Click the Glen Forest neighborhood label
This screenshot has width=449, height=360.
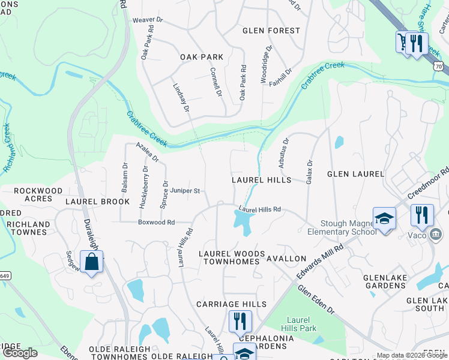(271, 31)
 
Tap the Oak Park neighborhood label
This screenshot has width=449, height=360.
(202, 58)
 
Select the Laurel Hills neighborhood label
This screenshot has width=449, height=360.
(261, 180)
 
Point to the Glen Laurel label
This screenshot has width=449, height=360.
(355, 174)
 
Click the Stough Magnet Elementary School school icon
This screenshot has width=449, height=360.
(384, 219)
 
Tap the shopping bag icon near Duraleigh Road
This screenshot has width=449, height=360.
(91, 262)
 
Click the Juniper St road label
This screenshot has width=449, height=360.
(185, 191)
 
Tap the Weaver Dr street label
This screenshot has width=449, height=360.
(148, 20)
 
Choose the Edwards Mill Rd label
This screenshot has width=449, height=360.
(319, 260)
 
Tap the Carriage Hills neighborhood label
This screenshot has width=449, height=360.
(232, 305)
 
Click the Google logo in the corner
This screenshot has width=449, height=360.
(20, 353)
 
